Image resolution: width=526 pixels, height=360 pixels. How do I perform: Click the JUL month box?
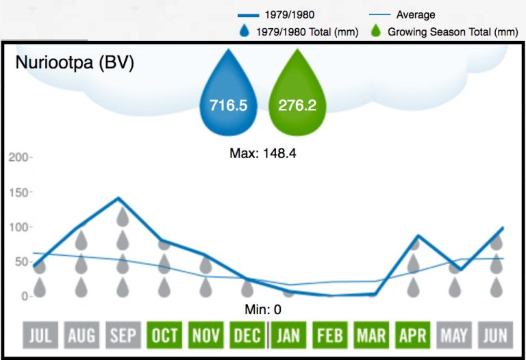40,335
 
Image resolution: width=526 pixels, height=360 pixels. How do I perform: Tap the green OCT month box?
164,335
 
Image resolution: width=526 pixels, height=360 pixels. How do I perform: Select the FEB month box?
329,335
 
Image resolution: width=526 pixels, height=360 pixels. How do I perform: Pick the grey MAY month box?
454,335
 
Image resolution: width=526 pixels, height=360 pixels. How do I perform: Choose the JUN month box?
496,335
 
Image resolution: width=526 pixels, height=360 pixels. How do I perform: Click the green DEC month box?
247,335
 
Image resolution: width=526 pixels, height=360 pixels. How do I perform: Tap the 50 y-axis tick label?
21,261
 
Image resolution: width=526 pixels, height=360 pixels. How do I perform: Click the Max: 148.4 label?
262,153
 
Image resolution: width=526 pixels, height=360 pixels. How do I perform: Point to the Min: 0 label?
262,309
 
